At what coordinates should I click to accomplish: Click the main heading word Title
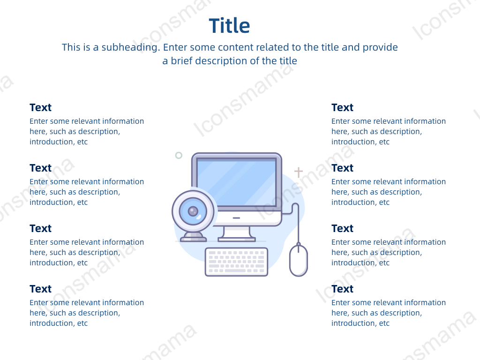[229, 26]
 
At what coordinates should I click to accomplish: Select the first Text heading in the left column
[40, 107]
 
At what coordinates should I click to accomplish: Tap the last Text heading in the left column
[40, 289]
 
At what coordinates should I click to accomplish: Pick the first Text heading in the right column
[342, 107]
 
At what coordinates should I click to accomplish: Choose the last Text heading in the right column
[342, 289]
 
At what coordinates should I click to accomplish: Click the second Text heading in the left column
[40, 168]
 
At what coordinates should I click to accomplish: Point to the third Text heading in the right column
[342, 228]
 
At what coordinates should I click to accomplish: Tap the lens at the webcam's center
[193, 211]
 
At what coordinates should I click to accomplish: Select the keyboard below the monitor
[236, 262]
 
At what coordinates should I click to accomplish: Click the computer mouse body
[299, 261]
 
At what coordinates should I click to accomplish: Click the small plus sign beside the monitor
[299, 172]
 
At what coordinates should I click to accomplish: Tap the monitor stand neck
[236, 232]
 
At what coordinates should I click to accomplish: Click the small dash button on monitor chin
[236, 218]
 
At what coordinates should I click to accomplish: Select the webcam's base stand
[193, 237]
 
